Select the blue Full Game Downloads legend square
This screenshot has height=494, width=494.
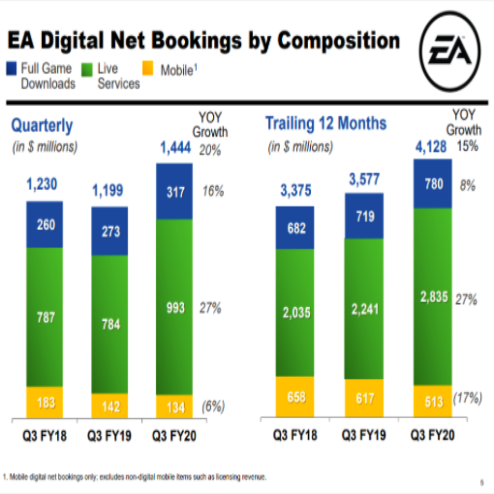tap(13, 68)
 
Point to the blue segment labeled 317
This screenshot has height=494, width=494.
tap(174, 192)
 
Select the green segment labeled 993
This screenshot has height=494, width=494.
tap(174, 307)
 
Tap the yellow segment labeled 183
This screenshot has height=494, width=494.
tap(45, 402)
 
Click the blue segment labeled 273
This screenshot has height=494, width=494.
tap(110, 231)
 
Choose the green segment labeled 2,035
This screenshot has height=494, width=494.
tap(295, 313)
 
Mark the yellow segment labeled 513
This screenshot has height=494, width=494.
tap(433, 401)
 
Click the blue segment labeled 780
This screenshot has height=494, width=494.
tap(433, 184)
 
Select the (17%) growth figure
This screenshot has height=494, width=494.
tap(467, 398)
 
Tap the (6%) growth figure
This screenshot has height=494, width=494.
tap(212, 406)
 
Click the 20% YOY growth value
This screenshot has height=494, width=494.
tap(210, 150)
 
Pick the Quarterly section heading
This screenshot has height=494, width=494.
tap(42, 126)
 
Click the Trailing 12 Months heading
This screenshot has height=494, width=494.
tap(326, 123)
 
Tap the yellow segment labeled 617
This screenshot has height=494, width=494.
tap(364, 398)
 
